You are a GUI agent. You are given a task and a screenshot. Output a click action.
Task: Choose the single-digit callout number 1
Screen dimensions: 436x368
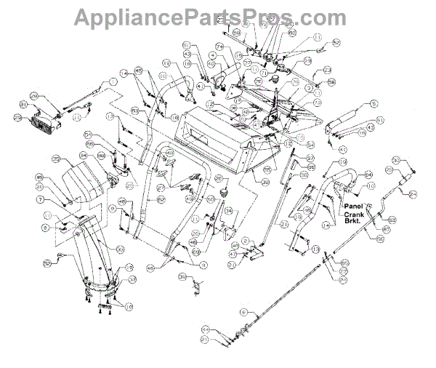113,81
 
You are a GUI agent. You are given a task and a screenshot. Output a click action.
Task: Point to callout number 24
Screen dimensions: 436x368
413,193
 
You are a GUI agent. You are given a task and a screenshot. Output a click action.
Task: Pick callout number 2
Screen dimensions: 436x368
247,241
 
